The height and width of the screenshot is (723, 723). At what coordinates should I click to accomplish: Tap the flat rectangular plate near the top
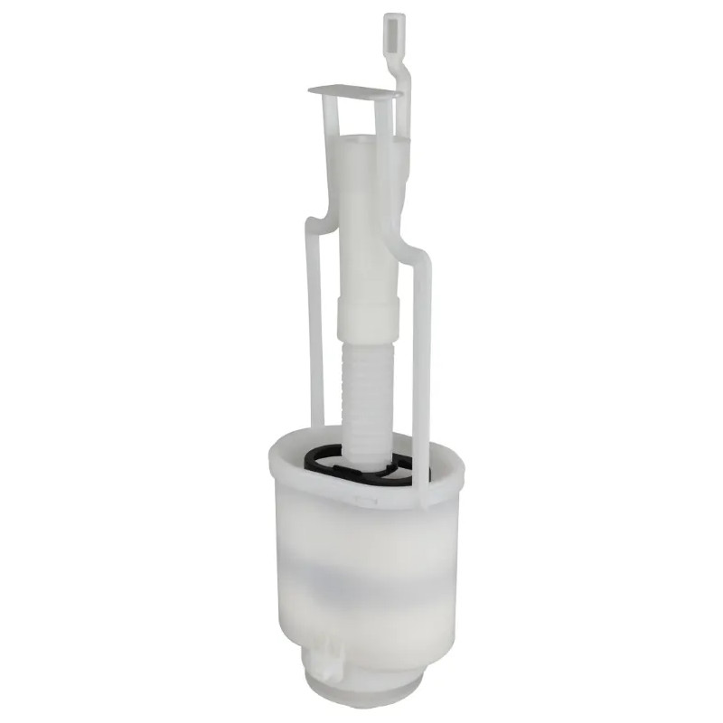pos(354,91)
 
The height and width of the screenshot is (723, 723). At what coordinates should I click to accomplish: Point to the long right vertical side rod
pos(421,361)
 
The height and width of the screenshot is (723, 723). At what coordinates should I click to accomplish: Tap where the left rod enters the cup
pos(315,429)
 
